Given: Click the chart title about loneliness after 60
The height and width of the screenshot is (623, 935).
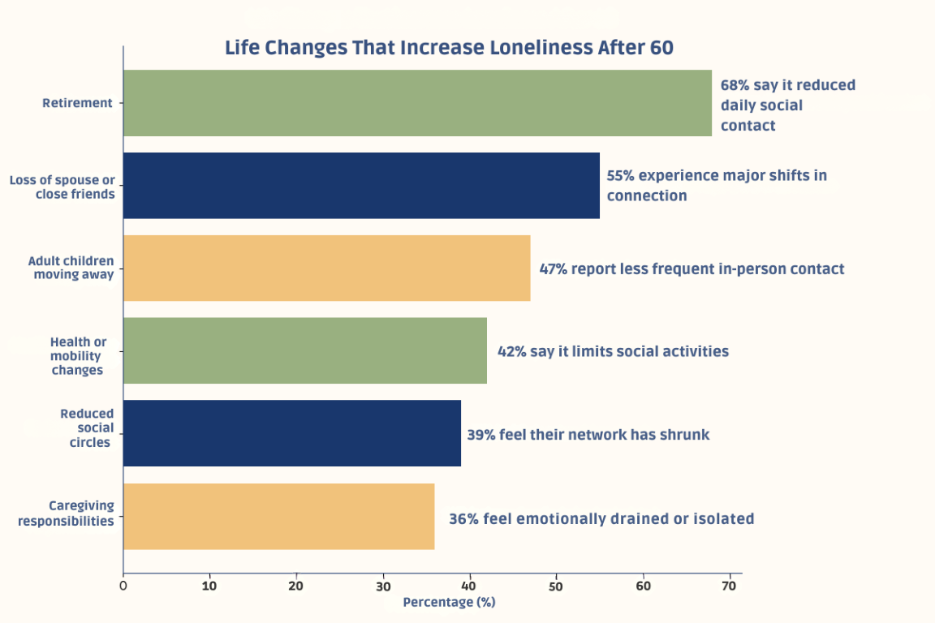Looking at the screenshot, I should click(x=449, y=48).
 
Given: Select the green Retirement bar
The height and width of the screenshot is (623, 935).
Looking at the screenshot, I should click(x=417, y=103).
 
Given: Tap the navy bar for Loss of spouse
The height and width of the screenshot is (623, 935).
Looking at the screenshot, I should click(x=361, y=186).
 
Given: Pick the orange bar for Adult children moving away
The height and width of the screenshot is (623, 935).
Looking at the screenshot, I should click(x=326, y=269).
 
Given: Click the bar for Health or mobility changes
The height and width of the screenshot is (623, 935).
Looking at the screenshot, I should click(x=304, y=351).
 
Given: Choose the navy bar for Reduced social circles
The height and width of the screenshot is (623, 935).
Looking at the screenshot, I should click(x=291, y=434).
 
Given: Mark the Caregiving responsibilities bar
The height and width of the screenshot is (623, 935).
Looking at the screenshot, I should click(x=278, y=517).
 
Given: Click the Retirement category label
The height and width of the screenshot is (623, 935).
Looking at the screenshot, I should click(x=77, y=103).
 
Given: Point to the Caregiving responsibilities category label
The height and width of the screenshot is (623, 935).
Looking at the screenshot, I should click(x=66, y=513).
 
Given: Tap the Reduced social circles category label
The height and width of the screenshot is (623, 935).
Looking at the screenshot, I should click(x=86, y=428).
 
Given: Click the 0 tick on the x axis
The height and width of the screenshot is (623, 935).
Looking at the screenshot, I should click(x=123, y=585).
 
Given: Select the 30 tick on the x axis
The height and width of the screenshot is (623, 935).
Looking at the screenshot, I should click(x=383, y=585).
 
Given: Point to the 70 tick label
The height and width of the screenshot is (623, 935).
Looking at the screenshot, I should click(x=730, y=585).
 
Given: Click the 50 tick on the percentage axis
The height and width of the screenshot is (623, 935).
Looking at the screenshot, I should click(x=556, y=585).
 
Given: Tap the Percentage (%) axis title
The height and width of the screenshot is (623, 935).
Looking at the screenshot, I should click(x=449, y=602).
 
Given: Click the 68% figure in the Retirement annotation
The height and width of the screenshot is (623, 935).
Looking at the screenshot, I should click(x=735, y=85).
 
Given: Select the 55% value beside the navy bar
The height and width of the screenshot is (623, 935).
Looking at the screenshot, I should click(x=621, y=175).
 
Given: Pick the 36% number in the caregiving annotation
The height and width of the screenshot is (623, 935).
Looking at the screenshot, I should click(x=463, y=518).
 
